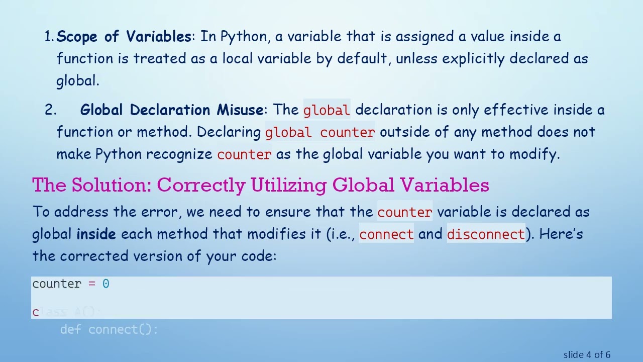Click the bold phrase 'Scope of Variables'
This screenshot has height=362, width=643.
[124, 37]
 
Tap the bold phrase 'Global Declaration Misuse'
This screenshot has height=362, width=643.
[172, 110]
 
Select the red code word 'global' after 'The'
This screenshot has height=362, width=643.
[327, 110]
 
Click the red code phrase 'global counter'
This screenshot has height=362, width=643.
[320, 132]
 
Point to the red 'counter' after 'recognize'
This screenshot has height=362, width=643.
[244, 154]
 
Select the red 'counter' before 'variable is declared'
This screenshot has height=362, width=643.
[404, 212]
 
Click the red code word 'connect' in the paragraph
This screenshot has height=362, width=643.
[386, 234]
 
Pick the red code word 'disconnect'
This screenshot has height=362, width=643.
[486, 234]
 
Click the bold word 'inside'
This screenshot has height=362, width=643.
[96, 234]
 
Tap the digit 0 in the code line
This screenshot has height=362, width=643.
[105, 284]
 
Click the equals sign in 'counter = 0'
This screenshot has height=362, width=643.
[91, 284]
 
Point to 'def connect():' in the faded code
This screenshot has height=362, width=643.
[109, 330]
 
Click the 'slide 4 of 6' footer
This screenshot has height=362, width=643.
[587, 355]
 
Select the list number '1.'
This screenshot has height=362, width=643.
[49, 37]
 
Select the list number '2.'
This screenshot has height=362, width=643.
[50, 110]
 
